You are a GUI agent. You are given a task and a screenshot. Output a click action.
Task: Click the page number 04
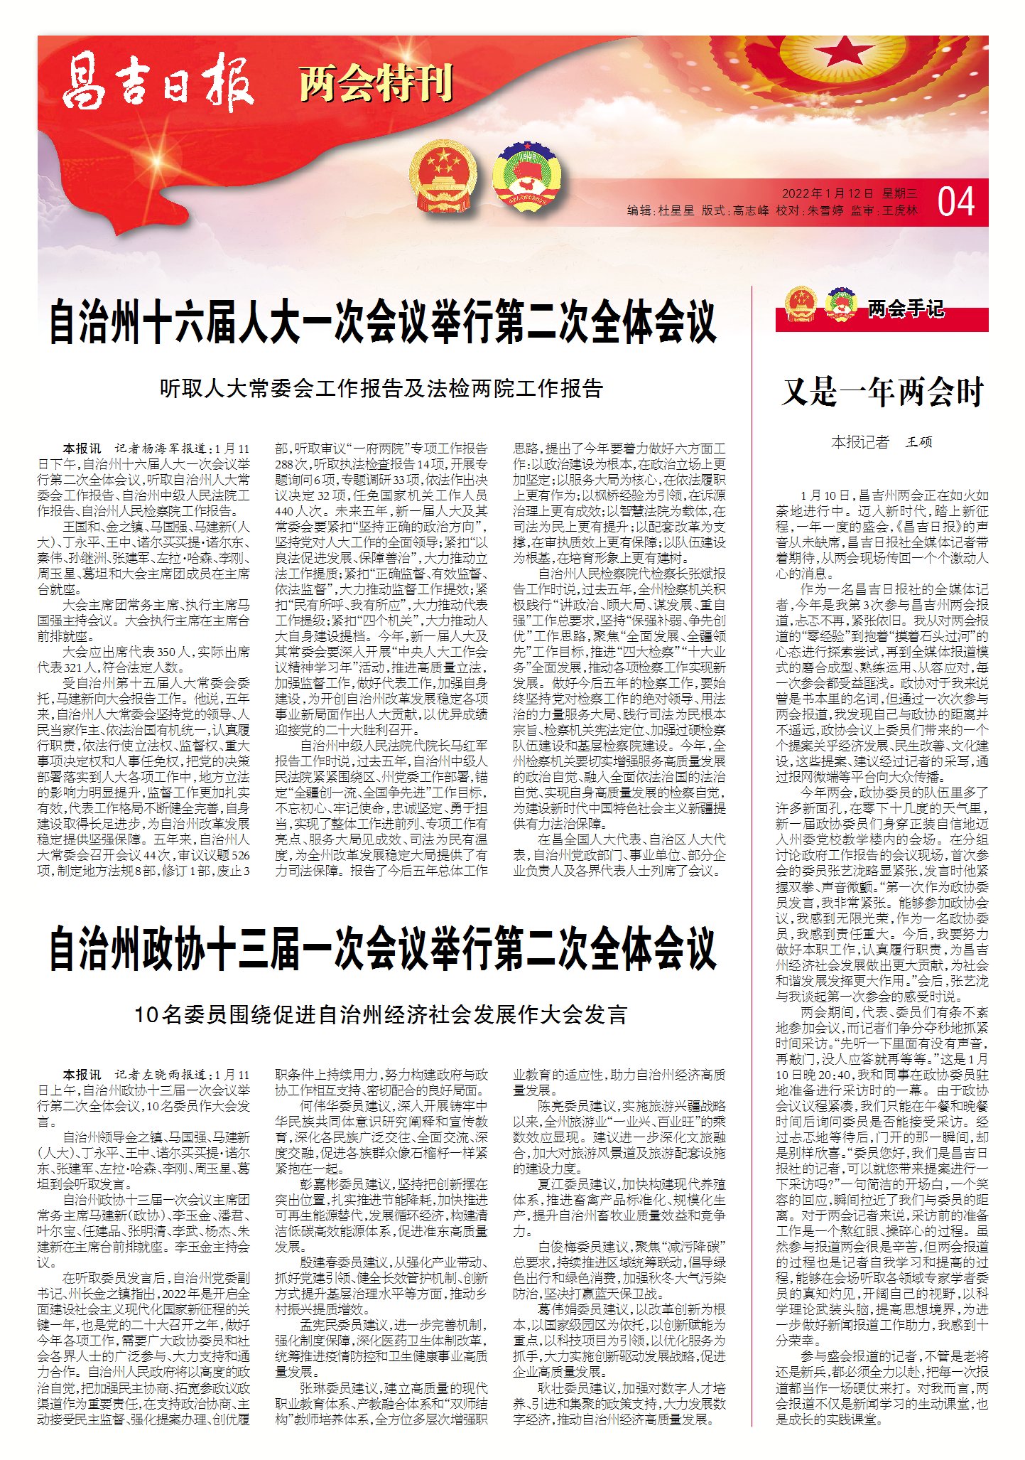956,203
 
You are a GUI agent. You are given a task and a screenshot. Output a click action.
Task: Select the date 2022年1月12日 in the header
827,194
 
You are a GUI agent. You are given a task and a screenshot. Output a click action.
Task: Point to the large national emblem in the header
439,176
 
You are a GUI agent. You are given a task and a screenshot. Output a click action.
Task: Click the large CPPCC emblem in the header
527,176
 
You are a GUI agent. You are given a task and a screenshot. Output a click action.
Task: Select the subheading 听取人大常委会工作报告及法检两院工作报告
381,388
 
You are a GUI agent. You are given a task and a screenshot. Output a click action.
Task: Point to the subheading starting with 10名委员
381,1014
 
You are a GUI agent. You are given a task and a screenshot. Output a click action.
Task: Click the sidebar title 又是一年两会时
882,392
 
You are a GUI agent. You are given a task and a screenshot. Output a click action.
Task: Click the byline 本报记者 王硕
882,442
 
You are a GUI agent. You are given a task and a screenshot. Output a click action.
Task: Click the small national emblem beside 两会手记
801,304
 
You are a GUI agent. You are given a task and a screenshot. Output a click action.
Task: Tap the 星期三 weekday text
900,194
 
